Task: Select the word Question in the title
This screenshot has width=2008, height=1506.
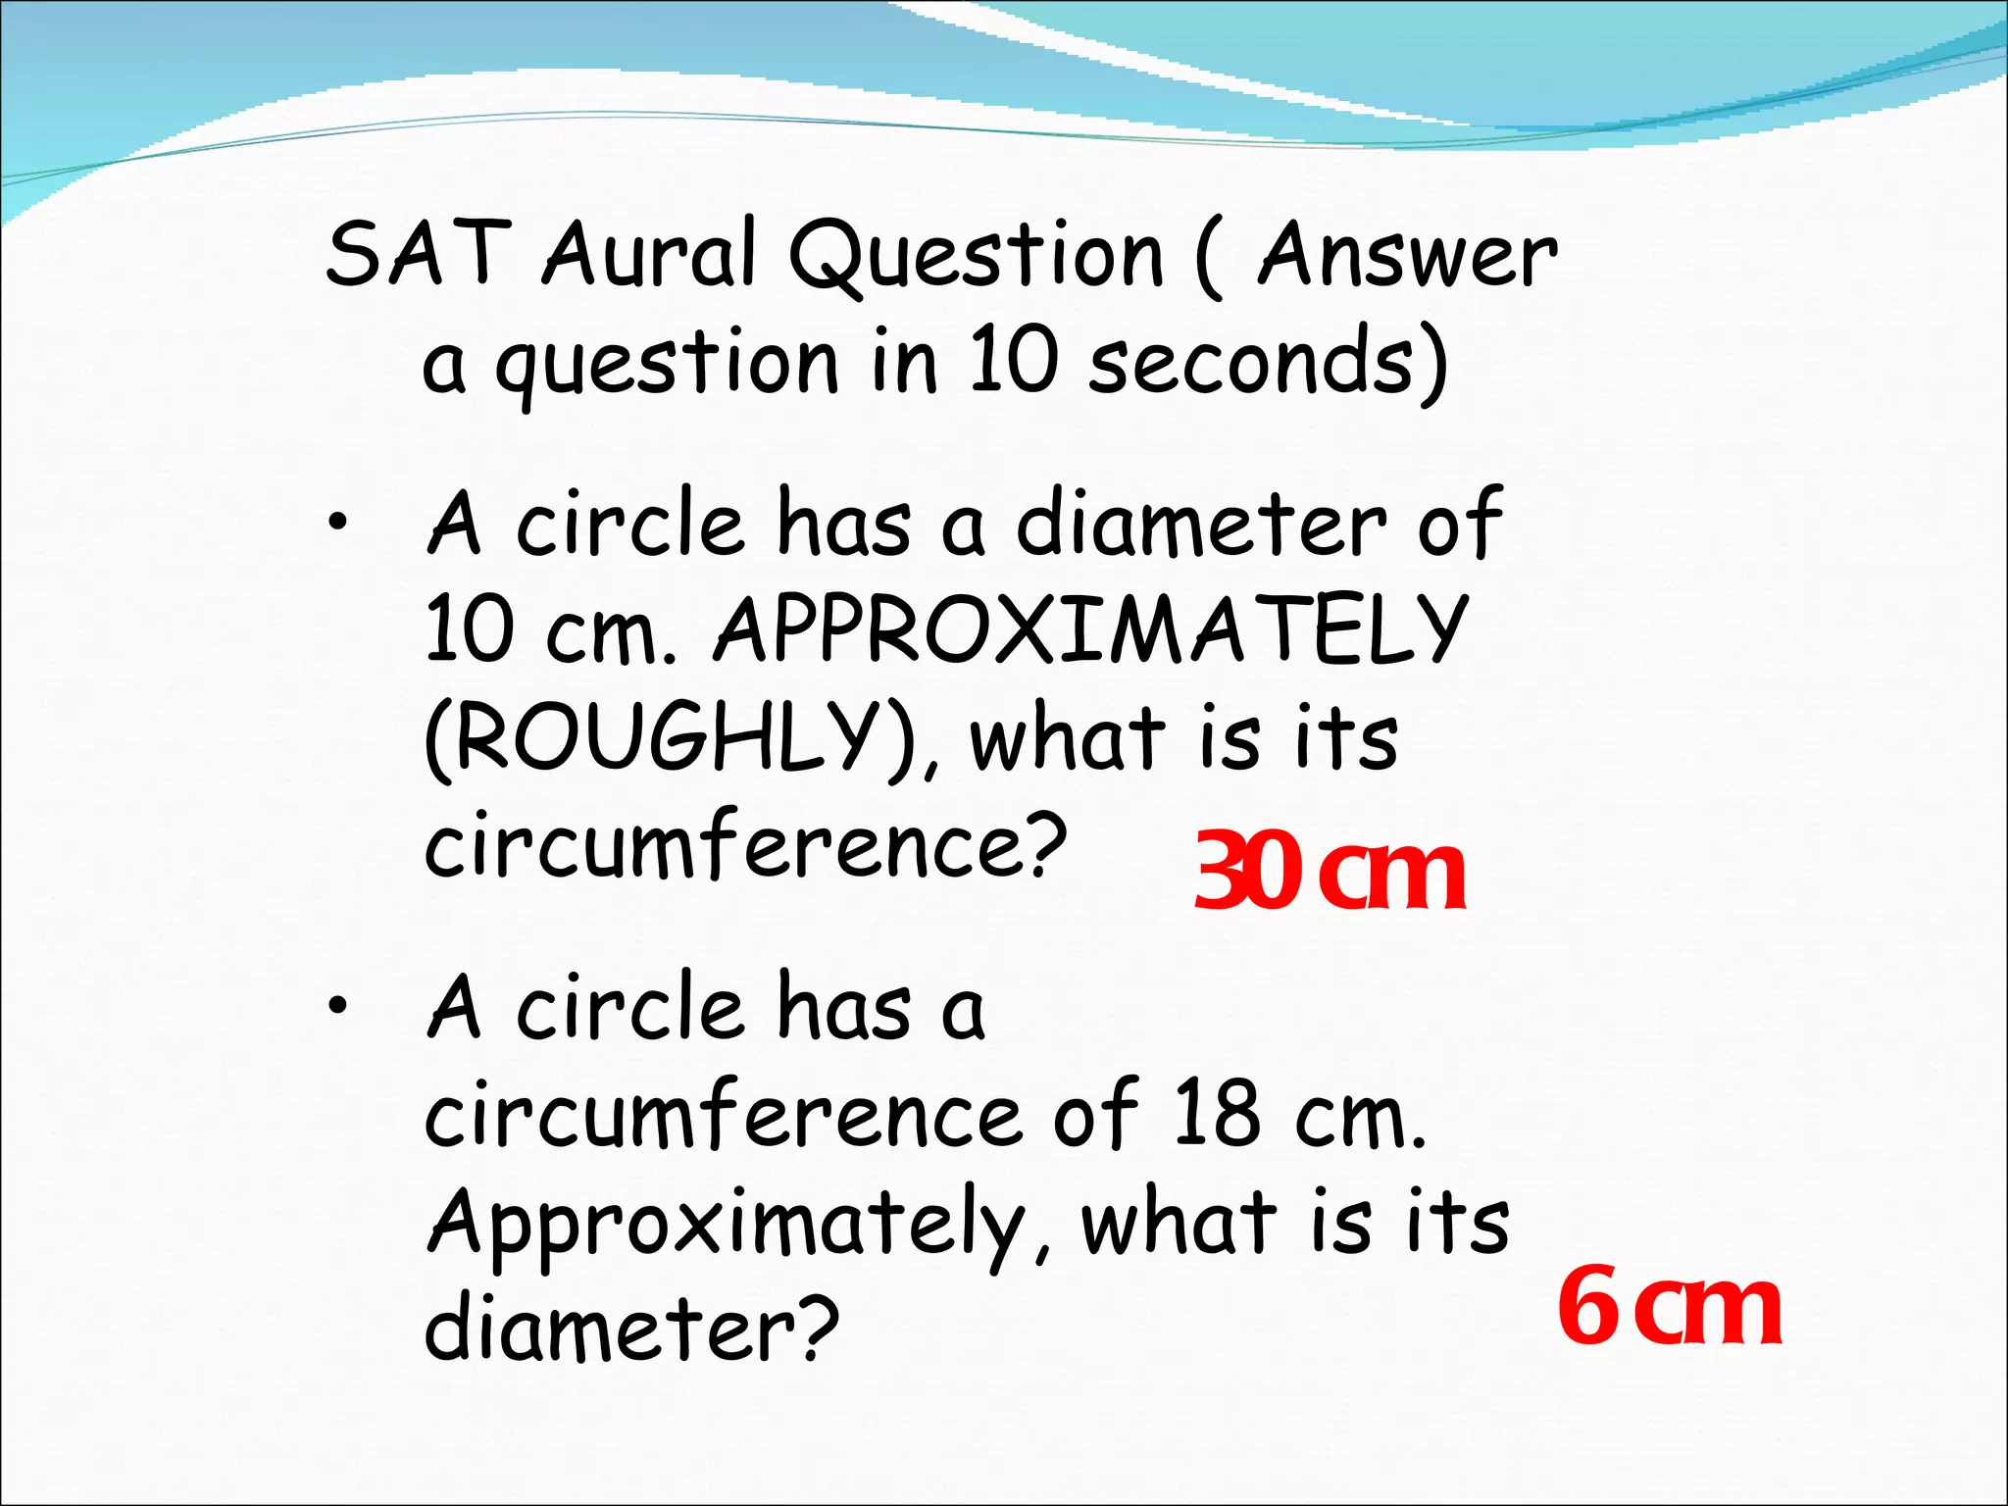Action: click(977, 257)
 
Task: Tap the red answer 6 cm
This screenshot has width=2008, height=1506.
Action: click(1670, 1308)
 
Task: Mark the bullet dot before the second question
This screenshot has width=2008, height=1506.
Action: click(338, 1006)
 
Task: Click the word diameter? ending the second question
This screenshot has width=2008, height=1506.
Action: click(632, 1326)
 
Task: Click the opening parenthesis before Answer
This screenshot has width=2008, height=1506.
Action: click(1208, 257)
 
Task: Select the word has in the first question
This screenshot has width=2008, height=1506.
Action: click(842, 524)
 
